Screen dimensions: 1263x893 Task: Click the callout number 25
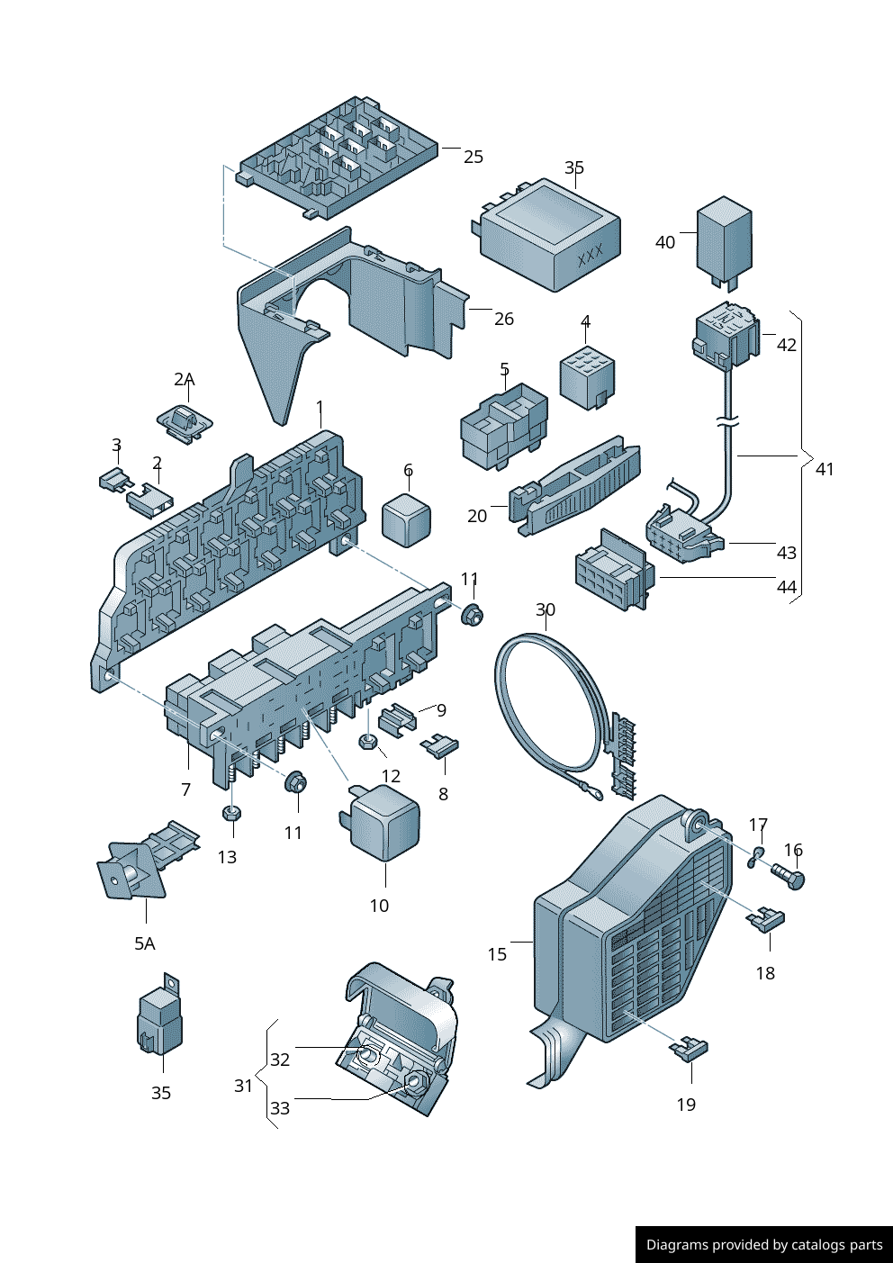[474, 158]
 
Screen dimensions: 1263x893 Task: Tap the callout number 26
[504, 319]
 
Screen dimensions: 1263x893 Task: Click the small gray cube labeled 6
[407, 519]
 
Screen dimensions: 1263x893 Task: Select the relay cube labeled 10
[384, 824]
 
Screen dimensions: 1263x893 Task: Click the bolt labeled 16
[788, 875]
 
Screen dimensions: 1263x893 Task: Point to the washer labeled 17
[756, 857]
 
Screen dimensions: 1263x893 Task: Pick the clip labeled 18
[766, 919]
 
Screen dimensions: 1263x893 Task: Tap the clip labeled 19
[690, 1049]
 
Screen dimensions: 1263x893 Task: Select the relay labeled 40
[724, 240]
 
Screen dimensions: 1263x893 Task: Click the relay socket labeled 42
[726, 337]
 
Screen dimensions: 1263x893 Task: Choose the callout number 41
[825, 469]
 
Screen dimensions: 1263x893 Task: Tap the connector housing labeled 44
[614, 571]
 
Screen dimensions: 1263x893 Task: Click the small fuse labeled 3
[113, 479]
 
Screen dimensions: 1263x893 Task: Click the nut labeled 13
[231, 813]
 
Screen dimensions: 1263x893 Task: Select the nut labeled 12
[367, 743]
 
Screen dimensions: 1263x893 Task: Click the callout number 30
[546, 610]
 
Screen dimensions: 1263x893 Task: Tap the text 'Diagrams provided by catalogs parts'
[764, 1245]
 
